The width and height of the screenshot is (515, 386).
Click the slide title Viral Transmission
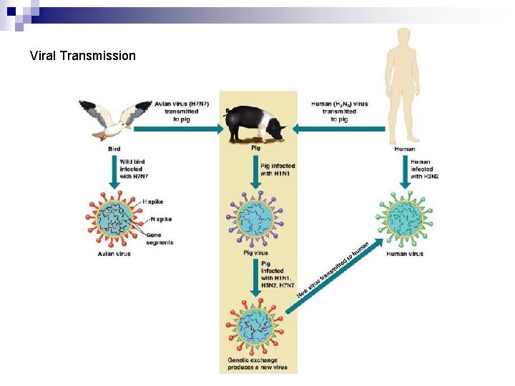(x=83, y=55)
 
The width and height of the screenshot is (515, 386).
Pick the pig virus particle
(x=255, y=217)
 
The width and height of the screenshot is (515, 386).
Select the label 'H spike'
(x=153, y=202)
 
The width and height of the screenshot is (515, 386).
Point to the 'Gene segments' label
(x=159, y=238)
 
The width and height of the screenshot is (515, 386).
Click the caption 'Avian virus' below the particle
(x=114, y=254)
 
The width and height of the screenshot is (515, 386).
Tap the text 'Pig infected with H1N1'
(x=277, y=170)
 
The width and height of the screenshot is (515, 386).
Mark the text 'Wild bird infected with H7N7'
(x=134, y=170)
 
